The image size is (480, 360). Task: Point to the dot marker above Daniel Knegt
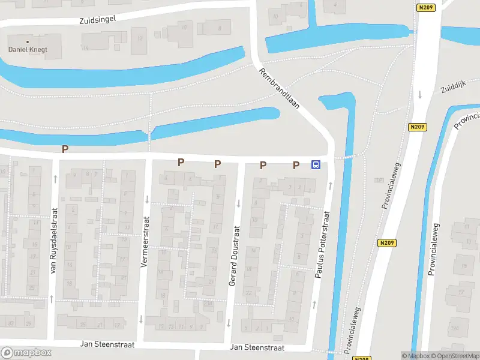pyautogui.click(x=27, y=41)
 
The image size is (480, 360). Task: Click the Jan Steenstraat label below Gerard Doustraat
pyautogui.click(x=257, y=347)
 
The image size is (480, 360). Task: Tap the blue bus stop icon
pyautogui.click(x=316, y=165)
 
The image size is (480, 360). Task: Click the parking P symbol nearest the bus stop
pyautogui.click(x=296, y=165)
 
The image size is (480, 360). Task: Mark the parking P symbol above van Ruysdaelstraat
pyautogui.click(x=65, y=149)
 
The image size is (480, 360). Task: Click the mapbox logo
pyautogui.click(x=26, y=353)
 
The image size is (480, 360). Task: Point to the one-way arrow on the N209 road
pyautogui.click(x=420, y=94)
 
